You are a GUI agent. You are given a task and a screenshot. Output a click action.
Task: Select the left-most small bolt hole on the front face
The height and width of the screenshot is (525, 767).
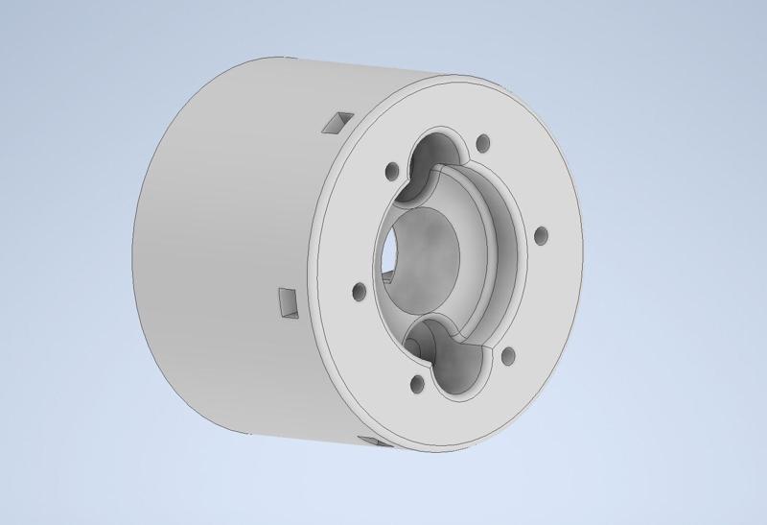360,290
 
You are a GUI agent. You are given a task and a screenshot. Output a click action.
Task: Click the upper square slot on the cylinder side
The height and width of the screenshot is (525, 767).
337,122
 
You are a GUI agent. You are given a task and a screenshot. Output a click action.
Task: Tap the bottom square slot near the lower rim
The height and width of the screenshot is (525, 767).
372,441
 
